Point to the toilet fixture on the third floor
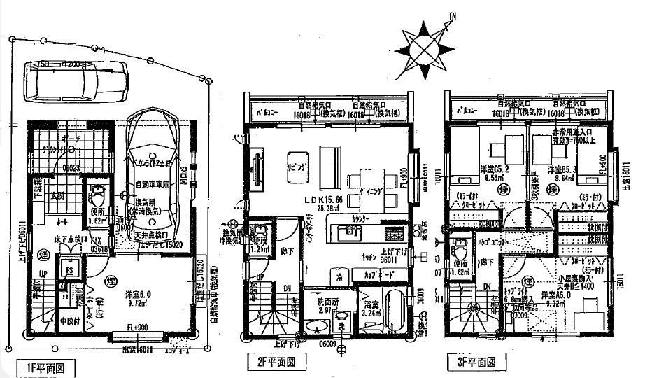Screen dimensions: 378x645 click(x=460, y=248)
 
